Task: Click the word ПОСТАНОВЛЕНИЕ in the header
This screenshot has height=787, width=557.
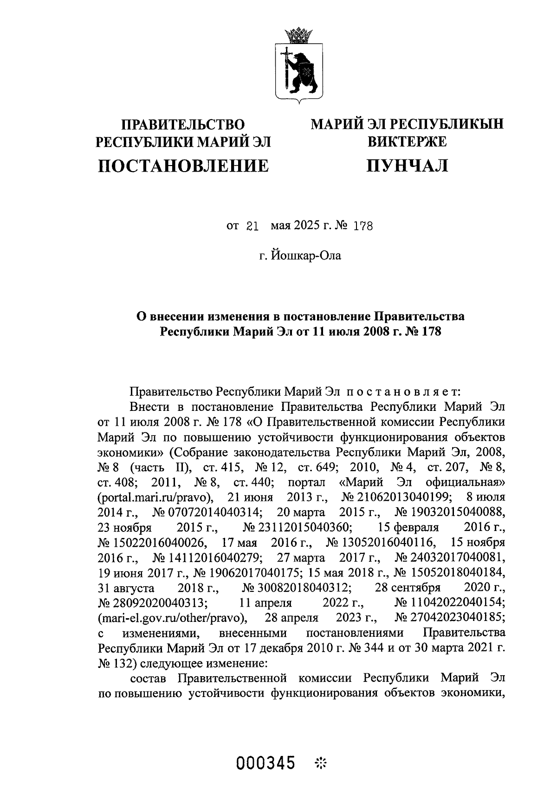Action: (x=183, y=166)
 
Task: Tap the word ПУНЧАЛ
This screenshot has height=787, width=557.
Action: (x=407, y=166)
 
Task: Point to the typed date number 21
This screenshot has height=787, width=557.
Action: (x=251, y=226)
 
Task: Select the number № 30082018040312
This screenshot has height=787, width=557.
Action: (x=296, y=588)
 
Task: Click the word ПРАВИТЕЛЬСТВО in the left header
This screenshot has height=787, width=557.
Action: (x=182, y=124)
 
